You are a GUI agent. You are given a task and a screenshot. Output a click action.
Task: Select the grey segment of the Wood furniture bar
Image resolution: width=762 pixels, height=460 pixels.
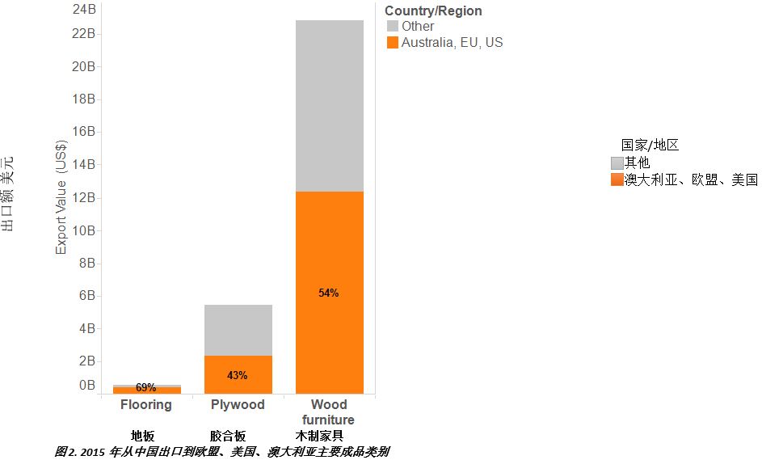click(329, 105)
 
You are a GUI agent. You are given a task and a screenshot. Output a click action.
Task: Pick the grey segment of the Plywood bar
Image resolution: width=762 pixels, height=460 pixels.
click(238, 330)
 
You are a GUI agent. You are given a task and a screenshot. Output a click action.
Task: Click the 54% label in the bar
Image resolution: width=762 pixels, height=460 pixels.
click(329, 293)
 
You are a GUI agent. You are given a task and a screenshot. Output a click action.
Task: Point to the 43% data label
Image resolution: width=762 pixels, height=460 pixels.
click(238, 375)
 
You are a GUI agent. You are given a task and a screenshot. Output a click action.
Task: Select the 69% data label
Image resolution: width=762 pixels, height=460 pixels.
click(146, 388)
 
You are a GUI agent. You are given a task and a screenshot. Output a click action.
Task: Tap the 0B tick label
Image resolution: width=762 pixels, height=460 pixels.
click(87, 386)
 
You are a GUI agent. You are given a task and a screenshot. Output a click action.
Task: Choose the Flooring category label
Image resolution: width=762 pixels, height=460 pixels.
click(146, 405)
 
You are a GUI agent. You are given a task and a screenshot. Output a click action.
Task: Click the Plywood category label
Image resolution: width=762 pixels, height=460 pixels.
click(238, 405)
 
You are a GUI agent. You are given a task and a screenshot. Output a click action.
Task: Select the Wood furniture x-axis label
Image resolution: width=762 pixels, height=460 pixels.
click(329, 412)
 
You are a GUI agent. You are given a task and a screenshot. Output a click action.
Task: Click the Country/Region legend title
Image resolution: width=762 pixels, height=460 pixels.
click(433, 11)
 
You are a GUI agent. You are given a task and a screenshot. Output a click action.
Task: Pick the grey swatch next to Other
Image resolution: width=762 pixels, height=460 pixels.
click(393, 27)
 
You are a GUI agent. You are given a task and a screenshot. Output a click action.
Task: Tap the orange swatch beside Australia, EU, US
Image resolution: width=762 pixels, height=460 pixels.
click(393, 43)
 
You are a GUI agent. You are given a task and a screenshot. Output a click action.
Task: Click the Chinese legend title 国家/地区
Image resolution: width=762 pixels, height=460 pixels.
click(650, 146)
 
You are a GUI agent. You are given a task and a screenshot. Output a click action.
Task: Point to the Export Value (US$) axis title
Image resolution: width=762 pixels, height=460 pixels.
click(61, 198)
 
